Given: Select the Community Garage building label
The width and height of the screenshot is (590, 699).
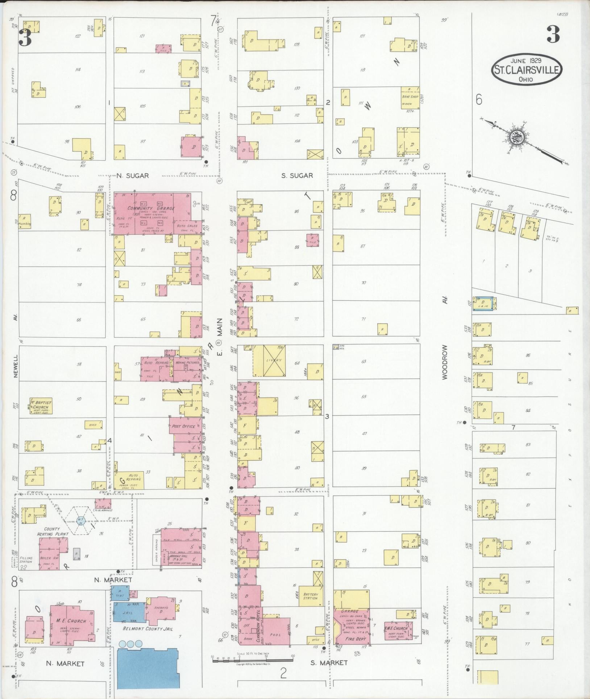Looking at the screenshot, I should click(151, 208).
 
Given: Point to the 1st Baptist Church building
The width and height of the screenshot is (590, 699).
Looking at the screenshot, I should click(41, 406).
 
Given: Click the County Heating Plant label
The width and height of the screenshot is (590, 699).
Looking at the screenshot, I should click(50, 531).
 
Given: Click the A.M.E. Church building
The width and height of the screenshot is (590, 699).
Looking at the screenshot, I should click(398, 631).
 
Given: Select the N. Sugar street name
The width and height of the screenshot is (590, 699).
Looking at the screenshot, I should click(133, 176).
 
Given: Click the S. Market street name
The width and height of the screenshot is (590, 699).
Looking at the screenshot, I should click(329, 663).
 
